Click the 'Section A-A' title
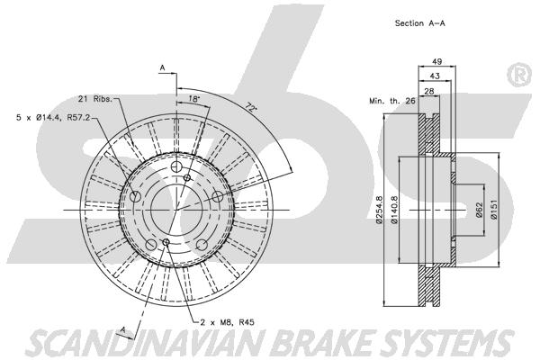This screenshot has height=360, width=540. [419, 23]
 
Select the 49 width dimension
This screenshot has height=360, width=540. [436, 62]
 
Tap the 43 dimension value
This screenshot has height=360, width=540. [435, 76]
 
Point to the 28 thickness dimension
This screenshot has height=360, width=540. [428, 91]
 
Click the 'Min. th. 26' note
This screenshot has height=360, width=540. [392, 101]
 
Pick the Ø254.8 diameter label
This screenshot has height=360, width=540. [379, 210]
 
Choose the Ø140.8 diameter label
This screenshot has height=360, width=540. [394, 210]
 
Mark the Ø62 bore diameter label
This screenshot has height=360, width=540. [479, 210]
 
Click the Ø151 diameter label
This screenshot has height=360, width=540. [494, 210]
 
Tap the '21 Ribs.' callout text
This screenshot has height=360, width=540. [95, 99]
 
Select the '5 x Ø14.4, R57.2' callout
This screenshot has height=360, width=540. [53, 118]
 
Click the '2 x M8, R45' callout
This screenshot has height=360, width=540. [228, 322]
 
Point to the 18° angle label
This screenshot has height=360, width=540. [193, 99]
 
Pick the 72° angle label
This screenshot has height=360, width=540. [251, 107]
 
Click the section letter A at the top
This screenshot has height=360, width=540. [163, 68]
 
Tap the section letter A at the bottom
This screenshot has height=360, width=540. [123, 330]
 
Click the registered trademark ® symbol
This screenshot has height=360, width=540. [519, 75]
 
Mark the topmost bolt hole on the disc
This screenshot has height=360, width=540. [176, 166]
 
